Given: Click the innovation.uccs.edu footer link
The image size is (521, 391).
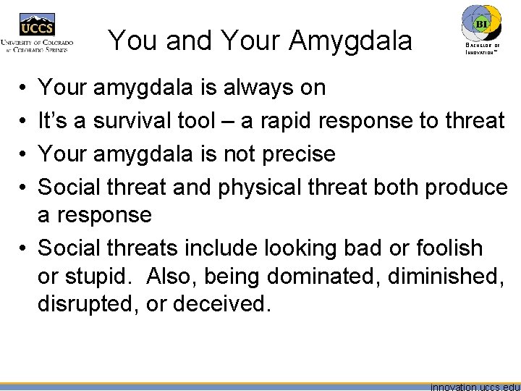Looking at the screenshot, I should tap(475, 386).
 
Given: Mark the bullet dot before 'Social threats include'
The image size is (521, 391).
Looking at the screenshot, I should tap(23, 248).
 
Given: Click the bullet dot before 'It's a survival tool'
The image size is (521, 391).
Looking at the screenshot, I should tap(23, 121).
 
